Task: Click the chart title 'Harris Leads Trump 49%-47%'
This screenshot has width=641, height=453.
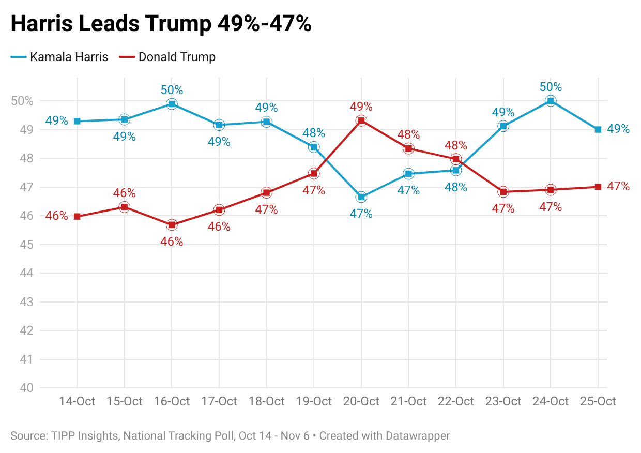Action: [161, 24]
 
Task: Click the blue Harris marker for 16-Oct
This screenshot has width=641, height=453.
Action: [172, 104]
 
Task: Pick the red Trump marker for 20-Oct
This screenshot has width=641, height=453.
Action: [361, 121]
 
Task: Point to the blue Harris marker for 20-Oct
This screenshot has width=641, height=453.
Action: [361, 197]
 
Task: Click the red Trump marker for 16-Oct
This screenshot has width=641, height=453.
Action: [172, 225]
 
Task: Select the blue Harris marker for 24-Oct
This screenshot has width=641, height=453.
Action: [551, 101]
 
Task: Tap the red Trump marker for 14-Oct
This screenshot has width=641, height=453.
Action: [77, 217]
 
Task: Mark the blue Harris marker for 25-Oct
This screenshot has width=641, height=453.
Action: [598, 129]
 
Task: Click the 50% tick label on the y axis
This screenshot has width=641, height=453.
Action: [22, 101]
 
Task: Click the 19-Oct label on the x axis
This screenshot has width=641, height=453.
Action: [314, 402]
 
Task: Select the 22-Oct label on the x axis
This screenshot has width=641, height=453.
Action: [456, 402]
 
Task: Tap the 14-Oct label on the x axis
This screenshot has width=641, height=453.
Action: [77, 402]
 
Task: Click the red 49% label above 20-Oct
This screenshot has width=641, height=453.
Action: [361, 107]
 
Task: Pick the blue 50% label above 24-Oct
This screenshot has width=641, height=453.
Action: [551, 87]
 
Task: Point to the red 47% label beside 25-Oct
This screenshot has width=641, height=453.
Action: [618, 187]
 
